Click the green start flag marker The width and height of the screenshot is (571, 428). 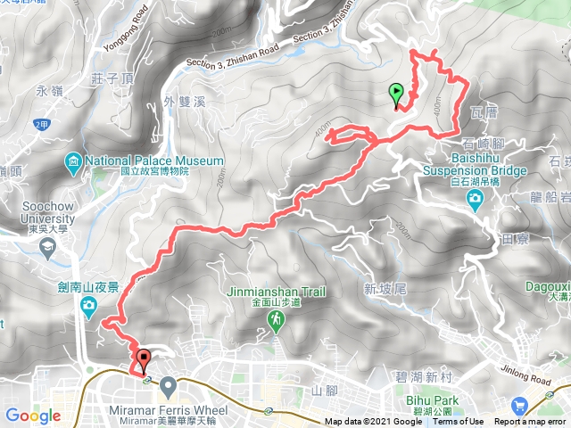click(395, 93)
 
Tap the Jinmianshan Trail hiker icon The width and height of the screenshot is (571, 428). click(277, 318)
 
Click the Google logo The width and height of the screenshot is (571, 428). click(32, 416)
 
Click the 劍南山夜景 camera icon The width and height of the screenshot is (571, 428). click(89, 308)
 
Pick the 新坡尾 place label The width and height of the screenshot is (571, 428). click(385, 288)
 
